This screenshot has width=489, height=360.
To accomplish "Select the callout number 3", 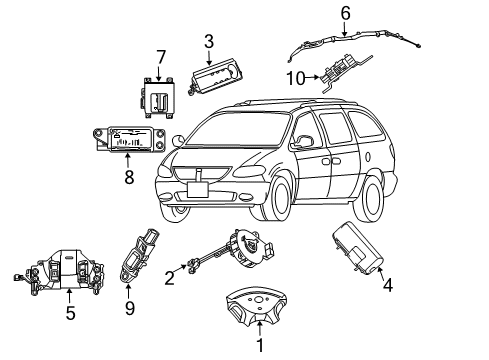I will click(x=208, y=41).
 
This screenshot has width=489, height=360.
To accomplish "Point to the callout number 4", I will click(x=387, y=285).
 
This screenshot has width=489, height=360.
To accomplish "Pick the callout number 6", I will click(x=345, y=13).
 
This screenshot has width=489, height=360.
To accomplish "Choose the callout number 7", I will click(x=158, y=57).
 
